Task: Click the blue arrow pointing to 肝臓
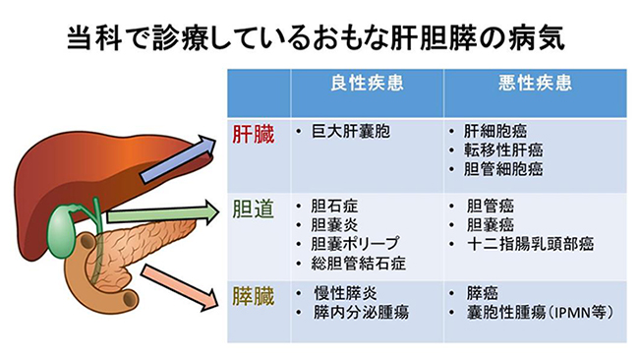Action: pyautogui.click(x=178, y=158)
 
